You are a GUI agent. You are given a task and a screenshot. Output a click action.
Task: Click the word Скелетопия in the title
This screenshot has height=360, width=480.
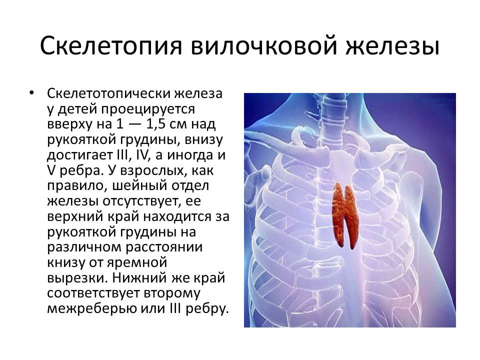click(111, 45)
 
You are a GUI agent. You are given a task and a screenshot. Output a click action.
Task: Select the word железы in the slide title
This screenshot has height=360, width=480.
click(392, 45)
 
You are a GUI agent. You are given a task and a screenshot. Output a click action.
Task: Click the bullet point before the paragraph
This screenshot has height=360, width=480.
click(31, 92)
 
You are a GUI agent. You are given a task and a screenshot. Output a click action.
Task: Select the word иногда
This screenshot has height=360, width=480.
click(188, 155)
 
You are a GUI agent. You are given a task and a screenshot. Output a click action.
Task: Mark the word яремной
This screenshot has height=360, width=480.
click(137, 262)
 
